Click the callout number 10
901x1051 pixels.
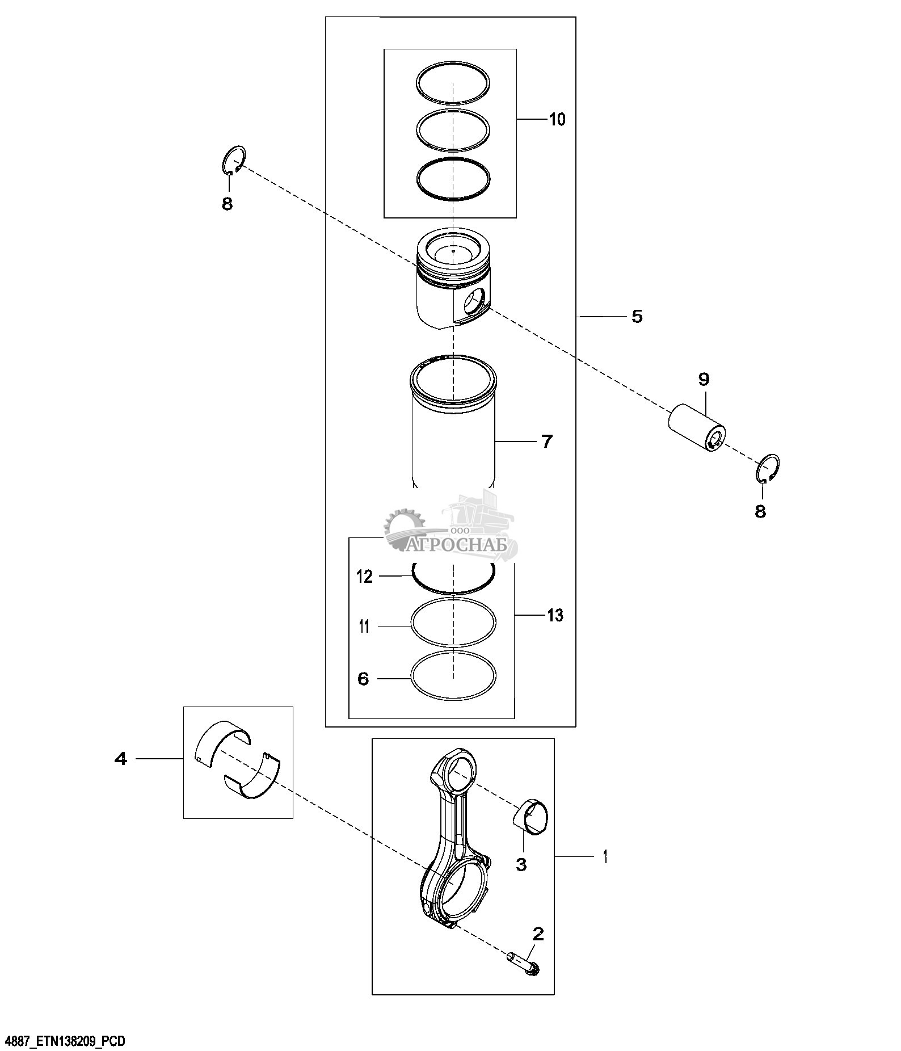[x=557, y=120]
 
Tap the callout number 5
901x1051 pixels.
[x=637, y=317]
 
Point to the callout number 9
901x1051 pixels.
[x=704, y=379]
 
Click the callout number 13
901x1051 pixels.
[x=555, y=615]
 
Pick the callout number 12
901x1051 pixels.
[x=364, y=577]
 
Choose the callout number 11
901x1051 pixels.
[x=364, y=627]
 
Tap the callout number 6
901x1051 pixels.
[x=364, y=679]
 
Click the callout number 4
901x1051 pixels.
[x=121, y=759]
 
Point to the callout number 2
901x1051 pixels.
[x=538, y=934]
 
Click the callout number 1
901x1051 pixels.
[x=605, y=856]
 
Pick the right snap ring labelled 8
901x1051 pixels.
[x=769, y=469]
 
